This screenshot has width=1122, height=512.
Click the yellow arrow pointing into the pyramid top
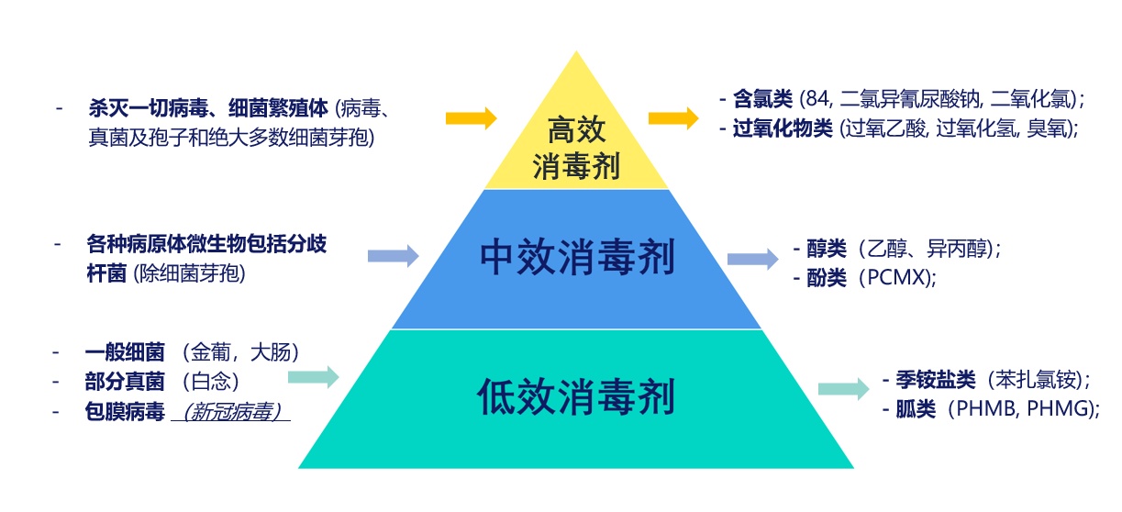(x=472, y=118)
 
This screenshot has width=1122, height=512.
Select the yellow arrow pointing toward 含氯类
(x=673, y=118)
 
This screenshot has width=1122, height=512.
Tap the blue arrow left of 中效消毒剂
(x=394, y=256)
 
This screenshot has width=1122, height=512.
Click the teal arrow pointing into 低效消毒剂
(x=314, y=376)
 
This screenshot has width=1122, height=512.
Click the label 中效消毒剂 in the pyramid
(x=577, y=259)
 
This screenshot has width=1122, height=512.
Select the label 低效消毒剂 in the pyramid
(x=576, y=397)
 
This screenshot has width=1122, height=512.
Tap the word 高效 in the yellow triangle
(x=576, y=129)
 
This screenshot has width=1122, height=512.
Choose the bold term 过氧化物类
(x=783, y=129)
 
